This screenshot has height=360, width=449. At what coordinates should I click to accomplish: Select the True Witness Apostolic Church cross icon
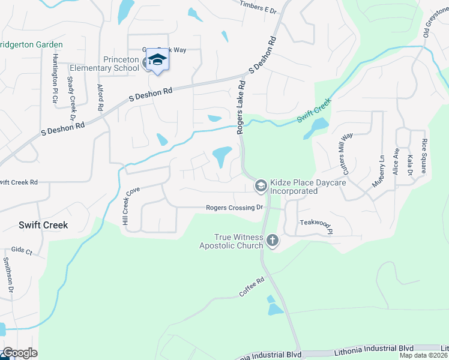coord(273,241)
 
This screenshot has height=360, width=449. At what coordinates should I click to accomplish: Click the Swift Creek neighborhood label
coord(43,225)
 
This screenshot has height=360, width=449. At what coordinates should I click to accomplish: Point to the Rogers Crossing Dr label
coord(235,208)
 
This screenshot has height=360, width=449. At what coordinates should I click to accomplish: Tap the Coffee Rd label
coord(252,287)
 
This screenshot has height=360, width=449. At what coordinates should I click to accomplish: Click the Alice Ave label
coord(396,161)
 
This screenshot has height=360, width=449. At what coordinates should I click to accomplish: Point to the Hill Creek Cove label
coord(131,205)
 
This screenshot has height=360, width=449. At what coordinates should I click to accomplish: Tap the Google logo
coord(20,353)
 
